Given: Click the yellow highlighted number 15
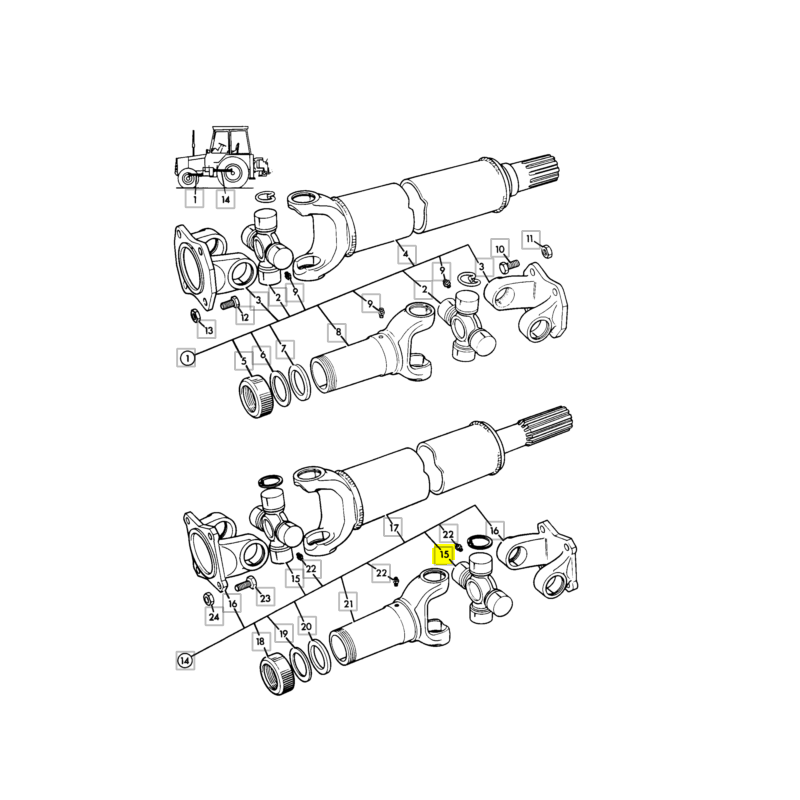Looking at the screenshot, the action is point(444,554).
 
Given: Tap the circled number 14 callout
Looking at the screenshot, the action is point(185,661).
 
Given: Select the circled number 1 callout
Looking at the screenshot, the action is point(187,358).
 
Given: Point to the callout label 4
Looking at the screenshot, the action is point(406,255).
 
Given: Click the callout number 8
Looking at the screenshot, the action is point(337,333).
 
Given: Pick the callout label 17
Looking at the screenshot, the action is point(393,528).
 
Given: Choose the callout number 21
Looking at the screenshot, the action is point(348,604).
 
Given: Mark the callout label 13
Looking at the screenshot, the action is point(208,330).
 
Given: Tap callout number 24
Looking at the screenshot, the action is point(214,616).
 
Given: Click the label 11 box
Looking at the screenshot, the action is point(531,239).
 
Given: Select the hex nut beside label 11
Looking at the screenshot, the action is point(545,251).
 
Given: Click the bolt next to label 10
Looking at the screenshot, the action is point(509,265).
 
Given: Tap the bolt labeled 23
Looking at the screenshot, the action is point(245,585).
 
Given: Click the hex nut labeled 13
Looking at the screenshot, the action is point(194,316).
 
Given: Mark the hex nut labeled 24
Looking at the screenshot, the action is point(208,598).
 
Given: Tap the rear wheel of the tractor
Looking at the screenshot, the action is point(232,172).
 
